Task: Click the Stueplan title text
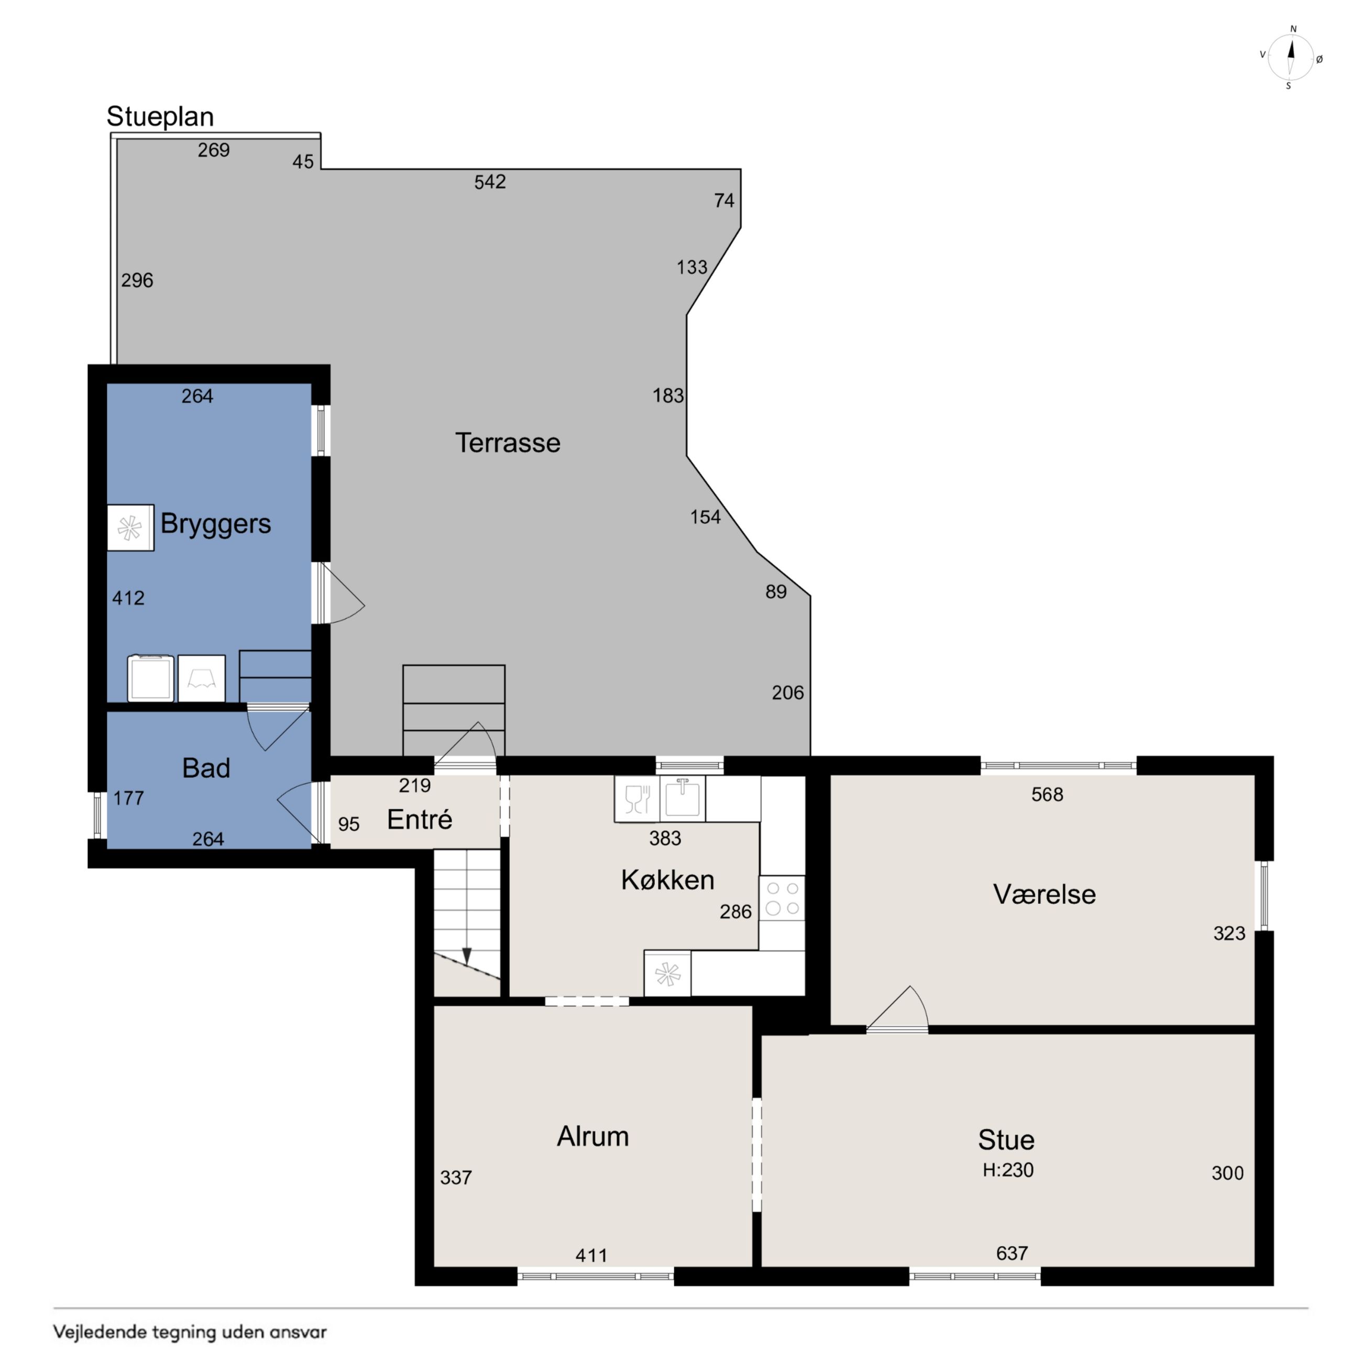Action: click(160, 117)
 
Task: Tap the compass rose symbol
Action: click(1291, 58)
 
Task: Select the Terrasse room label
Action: click(508, 443)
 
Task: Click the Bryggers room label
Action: click(216, 524)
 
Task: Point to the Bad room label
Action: click(206, 768)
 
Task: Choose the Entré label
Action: click(420, 819)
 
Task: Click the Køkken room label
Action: click(667, 880)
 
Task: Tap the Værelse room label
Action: click(1044, 895)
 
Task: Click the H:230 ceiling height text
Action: click(1008, 1170)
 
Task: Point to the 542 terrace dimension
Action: click(490, 182)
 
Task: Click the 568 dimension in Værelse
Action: click(1047, 795)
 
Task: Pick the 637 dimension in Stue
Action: click(1012, 1254)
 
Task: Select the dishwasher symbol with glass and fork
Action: click(636, 799)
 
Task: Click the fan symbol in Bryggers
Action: click(130, 528)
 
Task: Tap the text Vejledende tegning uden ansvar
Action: click(190, 1332)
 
